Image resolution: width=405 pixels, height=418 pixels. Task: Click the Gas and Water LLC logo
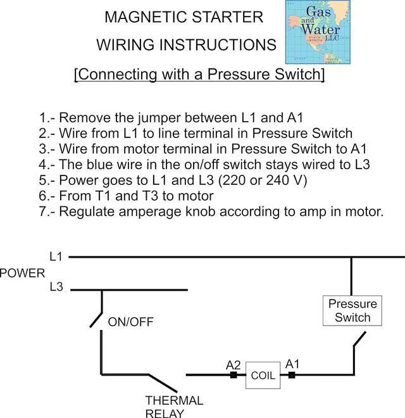318,32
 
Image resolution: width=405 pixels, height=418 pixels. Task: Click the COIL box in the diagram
263,375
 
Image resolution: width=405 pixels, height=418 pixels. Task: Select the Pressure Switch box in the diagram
352,310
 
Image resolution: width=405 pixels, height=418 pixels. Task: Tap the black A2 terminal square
234,375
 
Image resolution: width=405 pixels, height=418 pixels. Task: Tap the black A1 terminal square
292,375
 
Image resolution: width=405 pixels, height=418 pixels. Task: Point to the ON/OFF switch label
130,322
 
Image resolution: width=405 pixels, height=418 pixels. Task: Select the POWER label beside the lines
22,273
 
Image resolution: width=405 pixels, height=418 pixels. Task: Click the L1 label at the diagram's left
56,256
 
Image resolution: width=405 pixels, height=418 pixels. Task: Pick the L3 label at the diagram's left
56,287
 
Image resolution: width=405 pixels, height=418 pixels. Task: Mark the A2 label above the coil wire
233,365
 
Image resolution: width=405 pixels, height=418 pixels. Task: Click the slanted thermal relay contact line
163,383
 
